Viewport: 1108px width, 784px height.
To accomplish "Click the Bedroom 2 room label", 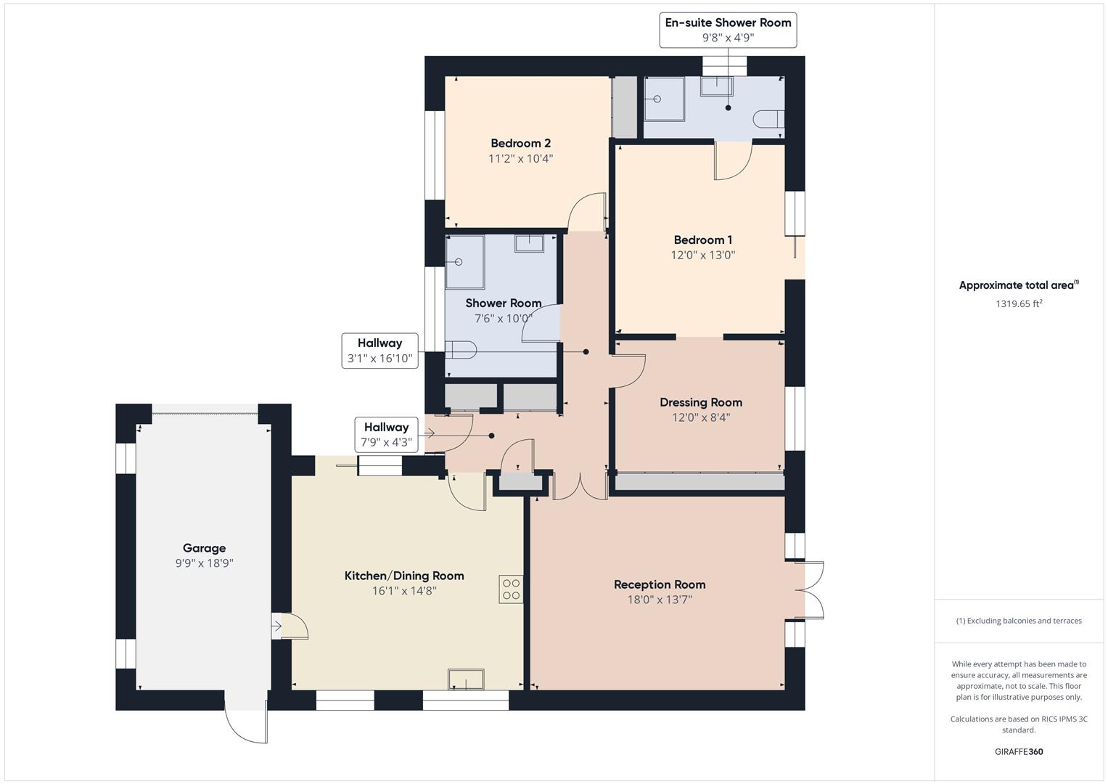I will point(520,143).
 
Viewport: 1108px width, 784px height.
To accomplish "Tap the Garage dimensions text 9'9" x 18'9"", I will point(204,563).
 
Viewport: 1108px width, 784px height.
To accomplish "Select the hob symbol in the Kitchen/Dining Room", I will point(511,589).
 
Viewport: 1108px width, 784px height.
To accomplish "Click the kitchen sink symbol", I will point(466,679).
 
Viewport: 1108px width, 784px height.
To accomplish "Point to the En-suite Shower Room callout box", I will point(728,30).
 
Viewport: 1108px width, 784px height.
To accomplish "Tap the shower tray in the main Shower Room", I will point(464,261).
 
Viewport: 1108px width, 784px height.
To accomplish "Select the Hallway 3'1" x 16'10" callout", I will point(379,351).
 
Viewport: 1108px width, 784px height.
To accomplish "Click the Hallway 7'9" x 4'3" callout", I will point(386,435).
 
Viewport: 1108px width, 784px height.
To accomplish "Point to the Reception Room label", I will point(660,584).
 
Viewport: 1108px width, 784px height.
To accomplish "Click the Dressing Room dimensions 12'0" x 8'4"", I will point(700,417).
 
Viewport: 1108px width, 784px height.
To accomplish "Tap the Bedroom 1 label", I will point(702,240).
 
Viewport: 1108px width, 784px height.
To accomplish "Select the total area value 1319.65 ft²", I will point(1018,304).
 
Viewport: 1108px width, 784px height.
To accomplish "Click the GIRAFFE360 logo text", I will point(1018,752).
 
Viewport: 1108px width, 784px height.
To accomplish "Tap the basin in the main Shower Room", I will point(529,242).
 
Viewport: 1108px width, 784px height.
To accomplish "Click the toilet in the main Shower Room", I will point(459,350).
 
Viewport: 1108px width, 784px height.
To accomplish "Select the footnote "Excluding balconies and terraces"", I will point(1019,621).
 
